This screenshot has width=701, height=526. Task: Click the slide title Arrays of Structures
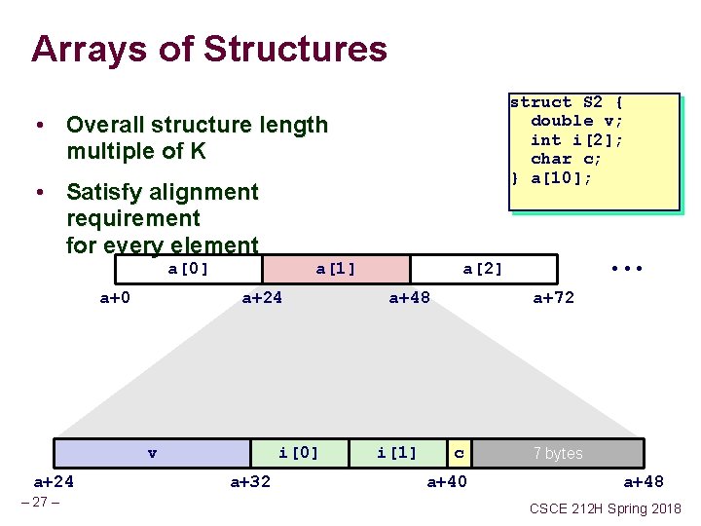[x=208, y=49]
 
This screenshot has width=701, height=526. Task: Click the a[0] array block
[x=189, y=269]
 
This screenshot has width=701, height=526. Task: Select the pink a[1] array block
[x=336, y=269]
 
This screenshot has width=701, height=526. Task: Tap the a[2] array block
[x=483, y=269]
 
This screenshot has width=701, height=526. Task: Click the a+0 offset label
[x=116, y=298]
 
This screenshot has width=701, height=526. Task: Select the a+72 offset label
[x=553, y=298]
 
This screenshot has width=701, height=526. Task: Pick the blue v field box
[x=152, y=453]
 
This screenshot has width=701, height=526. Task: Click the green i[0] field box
[x=298, y=453]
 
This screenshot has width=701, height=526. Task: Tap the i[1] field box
[x=397, y=453]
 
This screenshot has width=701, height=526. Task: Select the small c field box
[x=460, y=453]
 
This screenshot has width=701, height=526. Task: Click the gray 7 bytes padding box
[x=558, y=453]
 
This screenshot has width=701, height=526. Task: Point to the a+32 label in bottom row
[x=250, y=481]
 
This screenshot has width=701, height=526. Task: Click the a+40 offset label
[x=447, y=481]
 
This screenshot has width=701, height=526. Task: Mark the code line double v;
[x=576, y=121]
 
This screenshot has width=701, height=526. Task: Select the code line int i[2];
[x=576, y=140]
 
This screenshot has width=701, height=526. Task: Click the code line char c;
[x=567, y=159]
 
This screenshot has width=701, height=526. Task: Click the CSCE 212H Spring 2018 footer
[x=606, y=508]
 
